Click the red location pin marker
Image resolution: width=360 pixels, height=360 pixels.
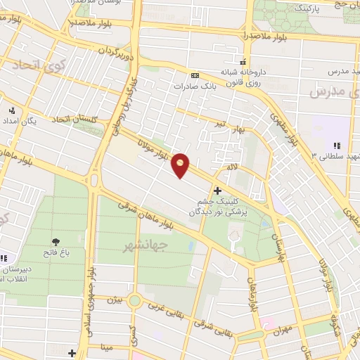(181, 165)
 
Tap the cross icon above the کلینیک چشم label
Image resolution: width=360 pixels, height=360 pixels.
(218, 191)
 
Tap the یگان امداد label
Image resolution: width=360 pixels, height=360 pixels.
(26, 121)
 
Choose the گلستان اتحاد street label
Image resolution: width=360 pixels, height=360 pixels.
(77, 122)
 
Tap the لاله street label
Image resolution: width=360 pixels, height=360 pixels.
(231, 167)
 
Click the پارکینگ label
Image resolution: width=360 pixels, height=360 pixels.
(311, 7)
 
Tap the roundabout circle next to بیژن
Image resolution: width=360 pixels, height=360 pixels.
(135, 302)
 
